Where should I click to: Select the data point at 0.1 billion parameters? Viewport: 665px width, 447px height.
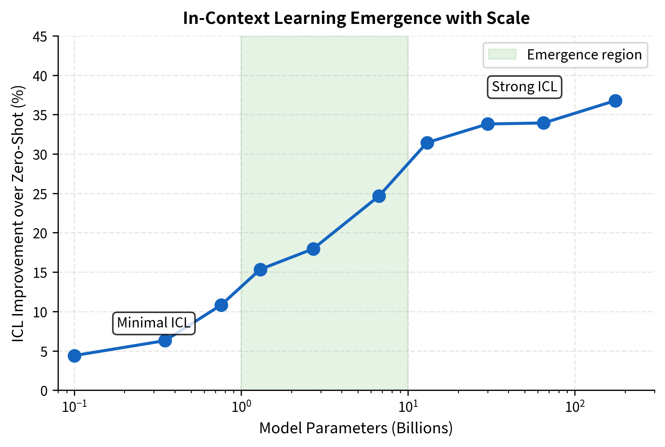(x=74, y=356)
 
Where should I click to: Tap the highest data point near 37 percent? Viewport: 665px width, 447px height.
(x=615, y=101)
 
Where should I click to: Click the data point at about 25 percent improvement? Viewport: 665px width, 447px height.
(x=379, y=196)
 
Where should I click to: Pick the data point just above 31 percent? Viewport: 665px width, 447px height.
(x=427, y=143)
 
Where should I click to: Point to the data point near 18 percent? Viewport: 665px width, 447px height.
(x=313, y=249)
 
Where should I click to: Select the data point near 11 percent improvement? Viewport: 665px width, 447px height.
(x=221, y=305)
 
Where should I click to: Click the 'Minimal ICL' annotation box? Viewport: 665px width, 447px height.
(x=154, y=323)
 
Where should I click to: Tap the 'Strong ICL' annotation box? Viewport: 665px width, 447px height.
(x=524, y=87)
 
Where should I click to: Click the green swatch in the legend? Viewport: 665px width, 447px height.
(x=502, y=55)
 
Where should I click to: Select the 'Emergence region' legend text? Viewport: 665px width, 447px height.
(x=584, y=55)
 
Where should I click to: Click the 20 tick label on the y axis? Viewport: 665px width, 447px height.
(x=40, y=233)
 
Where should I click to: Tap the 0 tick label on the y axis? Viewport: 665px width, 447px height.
(x=44, y=390)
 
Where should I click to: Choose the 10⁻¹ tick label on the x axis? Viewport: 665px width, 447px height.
(x=74, y=406)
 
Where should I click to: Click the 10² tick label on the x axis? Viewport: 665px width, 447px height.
(x=575, y=406)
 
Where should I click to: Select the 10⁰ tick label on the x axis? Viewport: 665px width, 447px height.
(x=241, y=406)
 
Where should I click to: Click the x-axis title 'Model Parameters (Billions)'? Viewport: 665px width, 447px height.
(x=356, y=428)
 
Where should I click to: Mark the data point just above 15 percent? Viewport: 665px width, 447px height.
(x=260, y=270)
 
